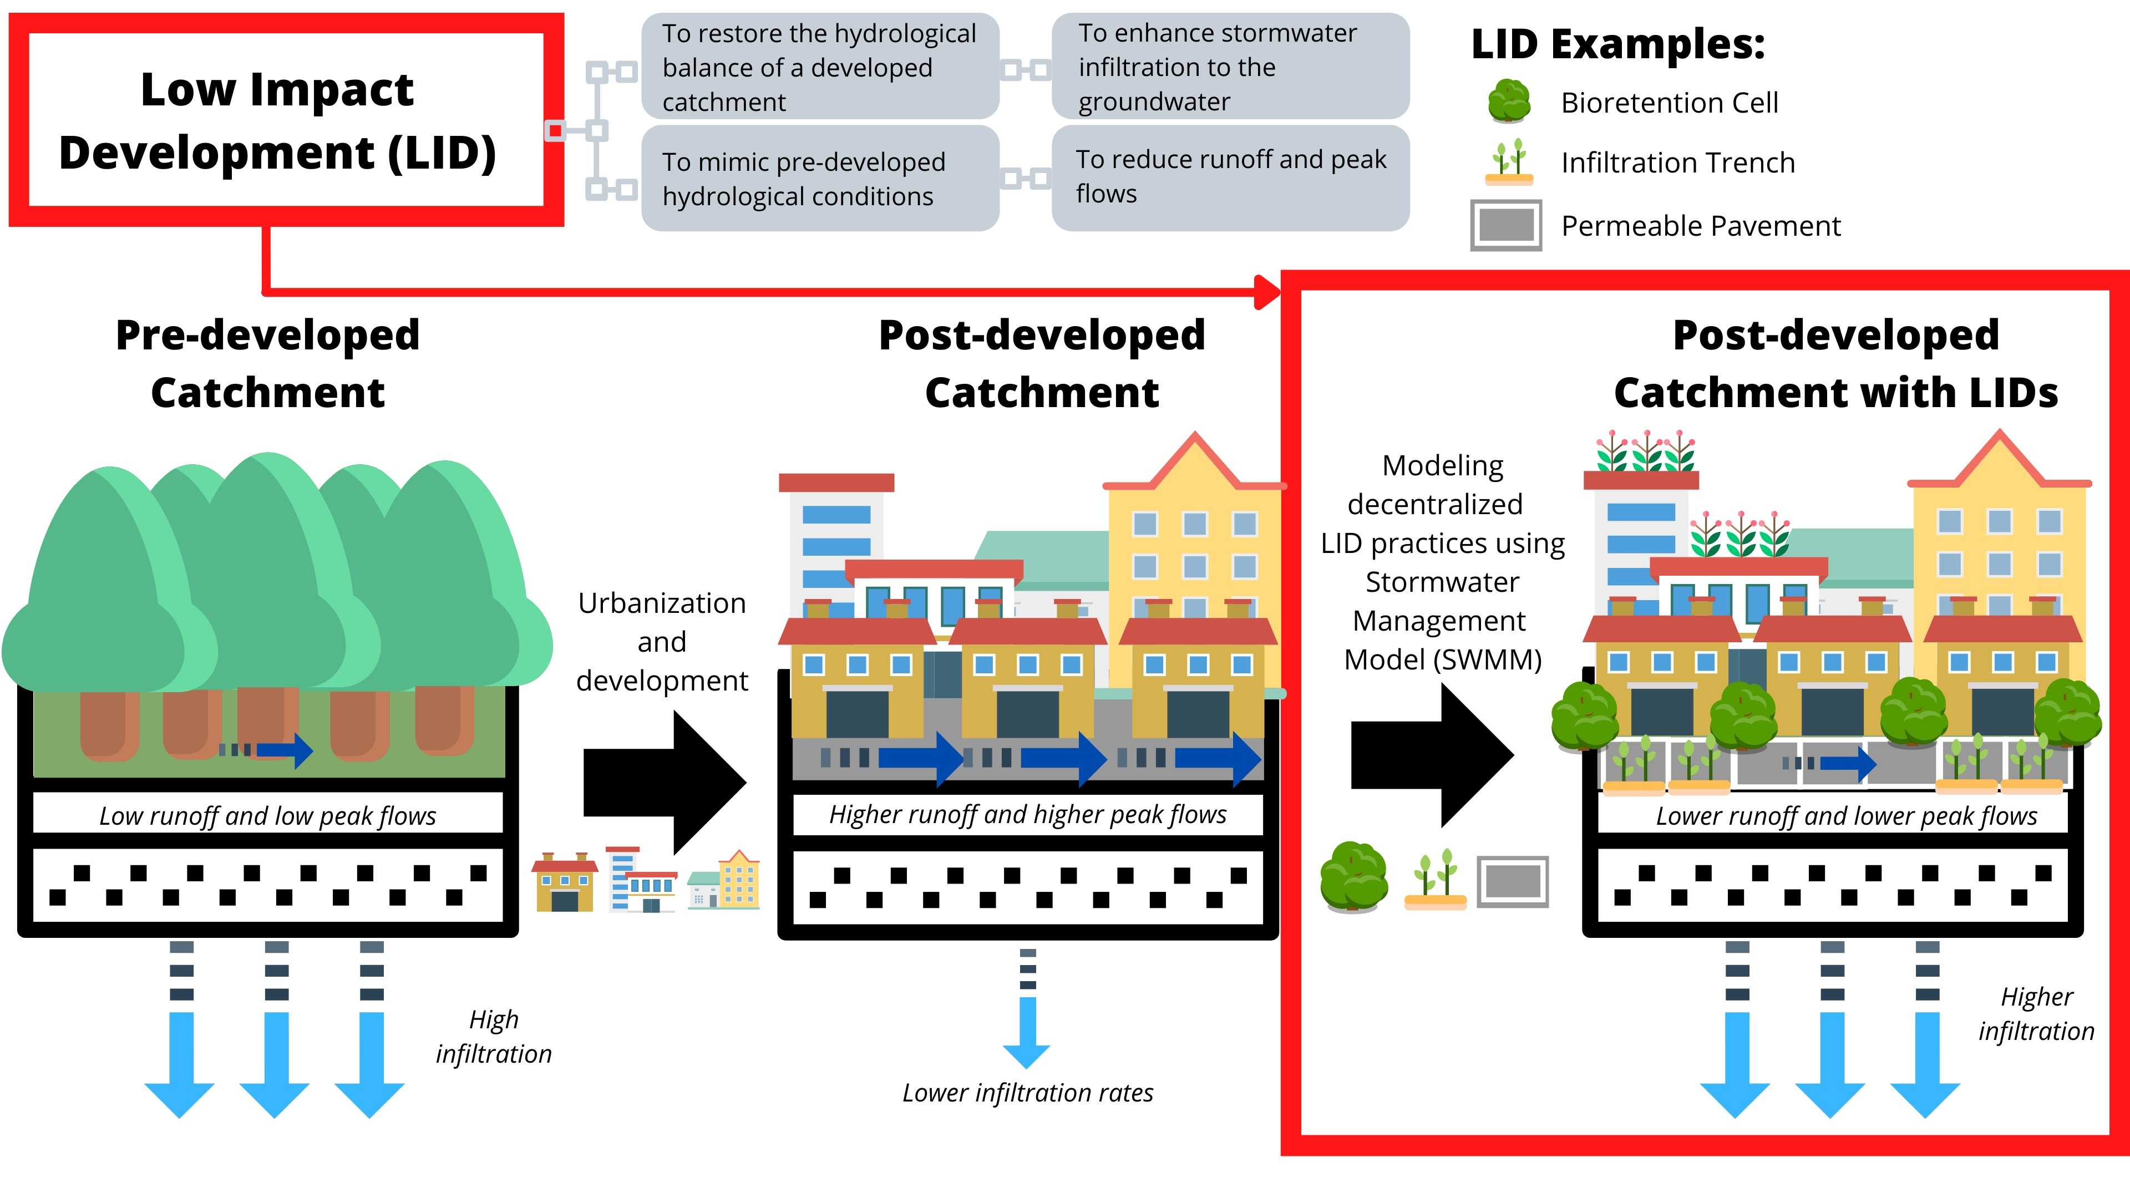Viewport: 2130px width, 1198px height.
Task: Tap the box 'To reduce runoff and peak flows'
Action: pos(1230,177)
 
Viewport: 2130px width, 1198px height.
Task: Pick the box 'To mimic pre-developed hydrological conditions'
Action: pos(819,179)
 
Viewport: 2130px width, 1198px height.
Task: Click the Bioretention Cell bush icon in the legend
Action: pos(1508,101)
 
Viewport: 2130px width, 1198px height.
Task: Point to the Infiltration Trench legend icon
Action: pos(1508,162)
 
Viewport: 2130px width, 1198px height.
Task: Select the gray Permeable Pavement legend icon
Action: pos(1506,225)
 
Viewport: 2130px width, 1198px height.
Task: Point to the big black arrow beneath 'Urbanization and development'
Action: pos(666,782)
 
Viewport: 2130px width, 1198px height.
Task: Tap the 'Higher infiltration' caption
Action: pos(2036,1014)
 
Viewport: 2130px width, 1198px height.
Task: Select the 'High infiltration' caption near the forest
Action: pos(494,1036)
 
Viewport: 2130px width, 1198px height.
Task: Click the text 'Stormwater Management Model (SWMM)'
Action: pos(1442,620)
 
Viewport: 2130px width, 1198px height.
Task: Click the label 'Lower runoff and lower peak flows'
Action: pos(1845,815)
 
